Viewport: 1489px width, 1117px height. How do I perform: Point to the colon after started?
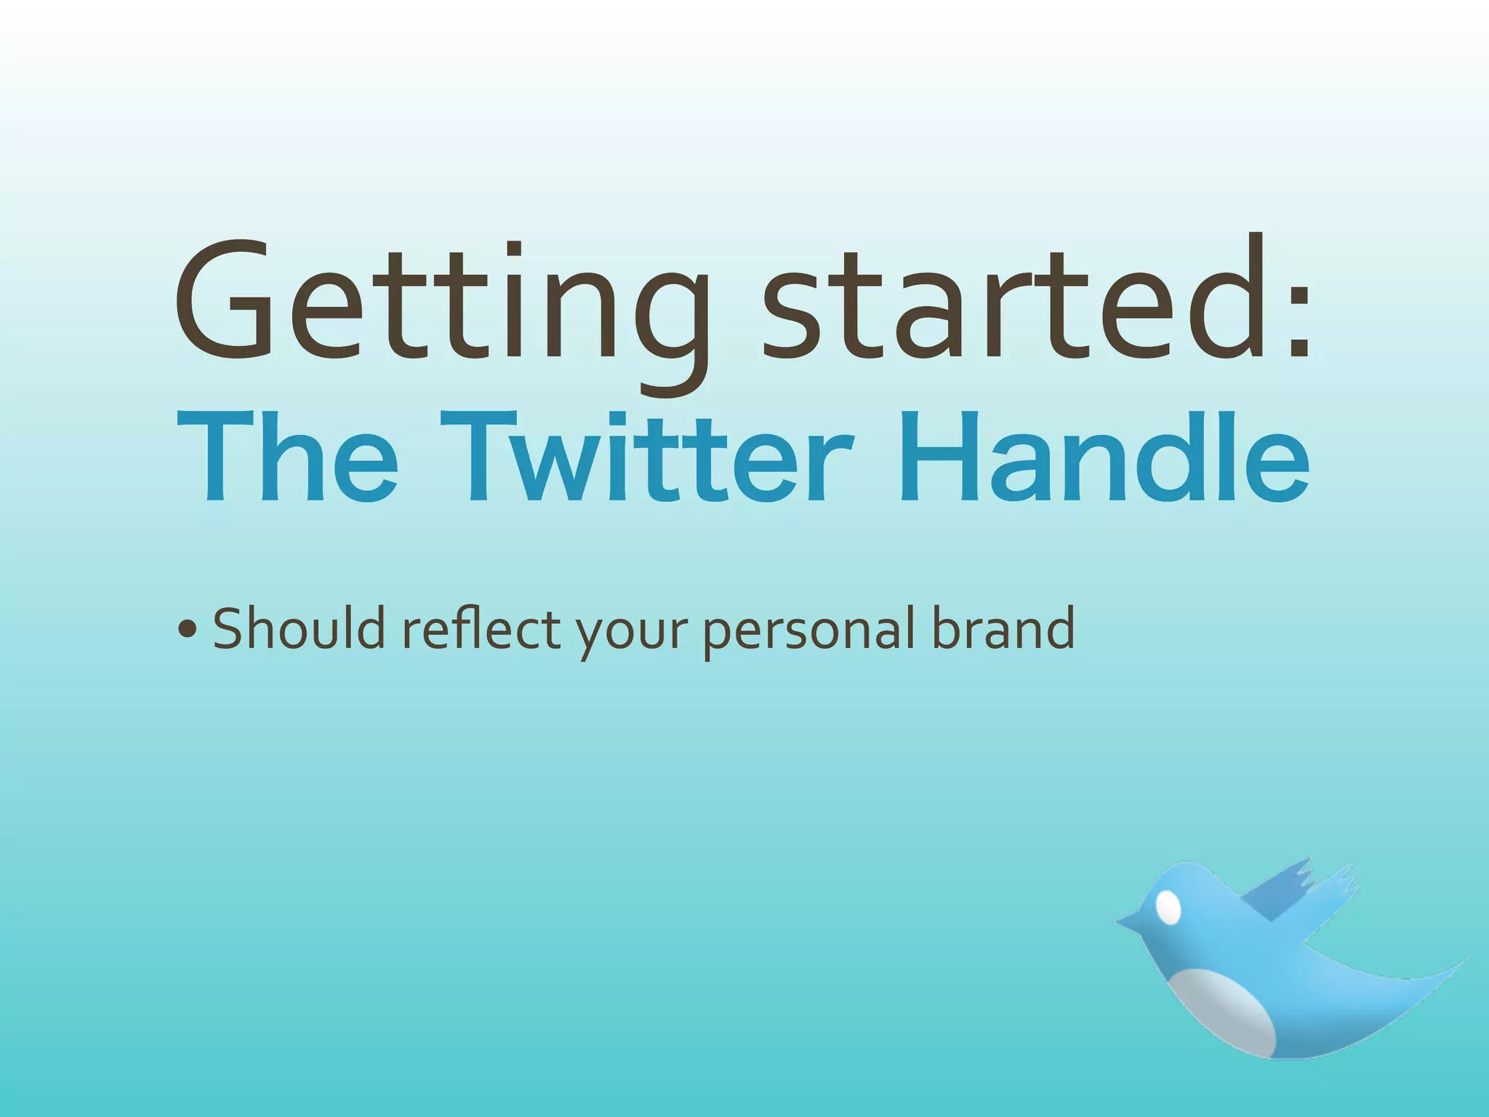coord(1298,320)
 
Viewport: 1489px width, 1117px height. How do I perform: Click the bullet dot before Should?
coord(187,630)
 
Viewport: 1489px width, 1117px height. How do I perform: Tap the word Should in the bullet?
coord(299,628)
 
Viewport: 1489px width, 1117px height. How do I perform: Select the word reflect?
coord(481,628)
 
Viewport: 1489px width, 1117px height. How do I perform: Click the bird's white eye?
coord(1168,907)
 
